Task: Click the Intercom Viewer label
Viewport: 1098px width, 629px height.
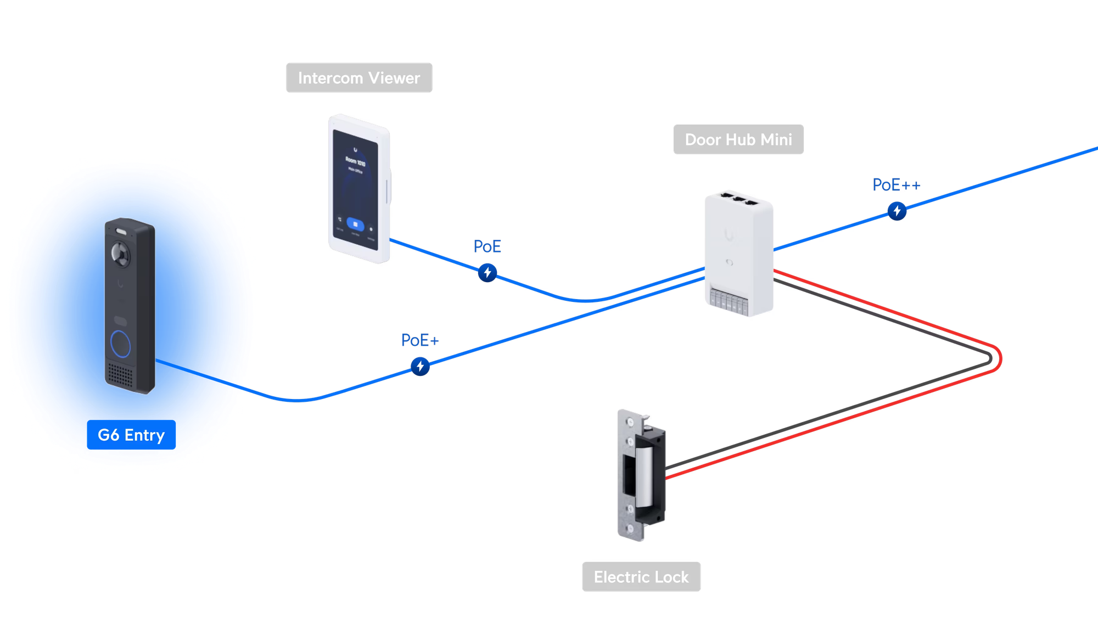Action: [x=359, y=78]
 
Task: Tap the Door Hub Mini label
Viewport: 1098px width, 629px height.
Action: [x=738, y=139]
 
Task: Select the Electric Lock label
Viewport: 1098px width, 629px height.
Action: [x=641, y=577]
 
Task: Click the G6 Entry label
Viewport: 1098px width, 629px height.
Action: [x=131, y=435]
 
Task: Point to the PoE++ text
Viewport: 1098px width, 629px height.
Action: [x=895, y=185]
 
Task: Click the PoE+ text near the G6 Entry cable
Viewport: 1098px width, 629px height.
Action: [x=419, y=340]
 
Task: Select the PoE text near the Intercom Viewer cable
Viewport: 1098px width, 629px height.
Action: [x=487, y=246]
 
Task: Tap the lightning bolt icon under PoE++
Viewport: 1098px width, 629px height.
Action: [x=897, y=211]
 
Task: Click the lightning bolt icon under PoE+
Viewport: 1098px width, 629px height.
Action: [x=421, y=366]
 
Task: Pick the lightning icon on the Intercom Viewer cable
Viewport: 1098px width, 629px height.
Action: [x=487, y=272]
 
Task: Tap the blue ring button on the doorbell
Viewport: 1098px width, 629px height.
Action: [x=121, y=343]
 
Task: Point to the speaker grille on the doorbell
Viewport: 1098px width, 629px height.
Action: [x=120, y=375]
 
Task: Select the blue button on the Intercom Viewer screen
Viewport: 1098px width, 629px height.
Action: [x=356, y=224]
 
